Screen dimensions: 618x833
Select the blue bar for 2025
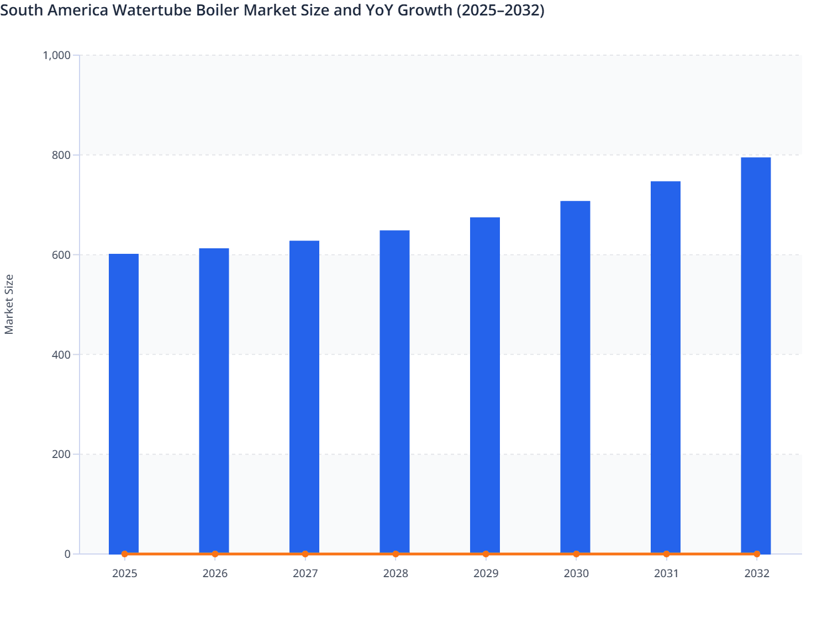tap(124, 403)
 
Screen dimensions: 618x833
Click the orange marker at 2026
tap(215, 554)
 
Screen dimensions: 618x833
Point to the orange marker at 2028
tap(396, 554)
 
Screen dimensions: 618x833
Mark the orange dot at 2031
tap(666, 554)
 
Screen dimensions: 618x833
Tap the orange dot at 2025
tap(124, 554)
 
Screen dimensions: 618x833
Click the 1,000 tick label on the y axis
tap(57, 55)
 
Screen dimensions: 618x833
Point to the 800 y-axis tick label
tap(61, 155)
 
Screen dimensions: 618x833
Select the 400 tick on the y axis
tap(61, 355)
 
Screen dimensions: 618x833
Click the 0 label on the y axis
tap(67, 554)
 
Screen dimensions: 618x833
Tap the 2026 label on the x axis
tap(215, 574)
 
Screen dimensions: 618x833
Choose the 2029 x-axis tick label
tap(486, 574)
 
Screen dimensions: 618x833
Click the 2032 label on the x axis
tap(756, 574)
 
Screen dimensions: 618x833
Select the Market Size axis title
tap(9, 304)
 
